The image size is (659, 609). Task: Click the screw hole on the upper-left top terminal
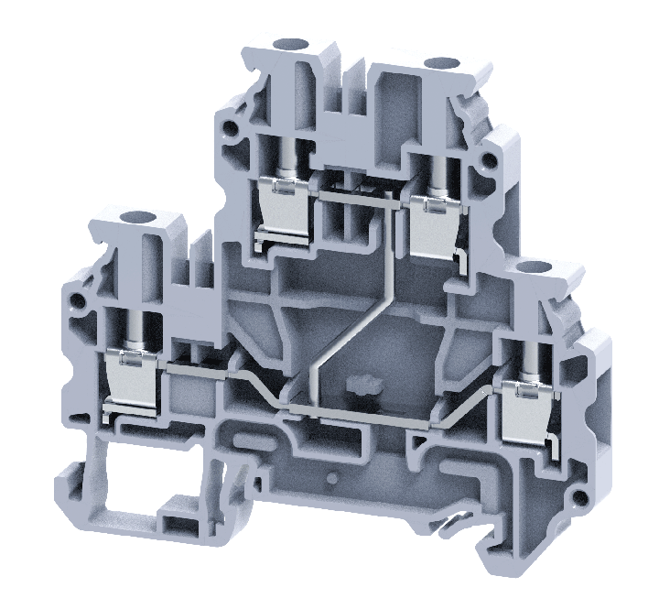click(296, 45)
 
